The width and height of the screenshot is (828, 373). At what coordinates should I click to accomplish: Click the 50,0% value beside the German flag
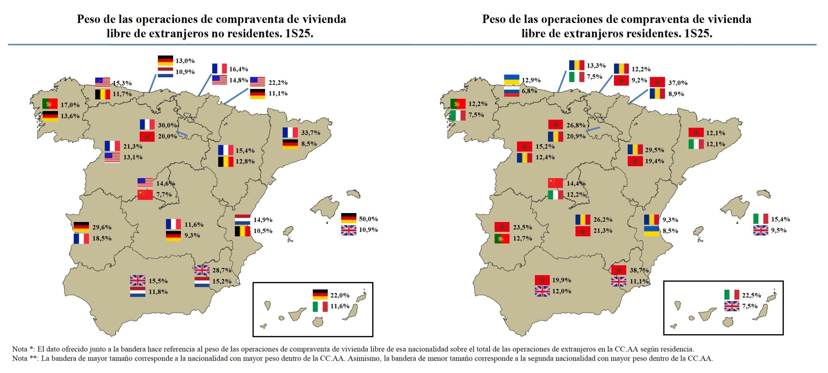368,219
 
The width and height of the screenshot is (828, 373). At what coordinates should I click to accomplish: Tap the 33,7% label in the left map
310,133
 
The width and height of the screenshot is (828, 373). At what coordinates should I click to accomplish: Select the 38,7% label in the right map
639,270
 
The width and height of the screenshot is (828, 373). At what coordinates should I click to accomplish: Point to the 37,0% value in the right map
678,83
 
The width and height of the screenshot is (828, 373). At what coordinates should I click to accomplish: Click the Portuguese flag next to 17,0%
50,104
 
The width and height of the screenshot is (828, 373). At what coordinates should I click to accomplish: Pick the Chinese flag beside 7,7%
145,195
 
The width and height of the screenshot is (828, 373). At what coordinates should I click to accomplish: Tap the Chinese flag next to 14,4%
555,183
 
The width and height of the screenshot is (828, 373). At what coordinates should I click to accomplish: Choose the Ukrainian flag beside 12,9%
511,80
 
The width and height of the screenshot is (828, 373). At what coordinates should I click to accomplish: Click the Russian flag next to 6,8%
511,91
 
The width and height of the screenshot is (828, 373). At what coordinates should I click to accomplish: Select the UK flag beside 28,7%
202,270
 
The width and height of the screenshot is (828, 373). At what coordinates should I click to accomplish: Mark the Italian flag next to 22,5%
731,295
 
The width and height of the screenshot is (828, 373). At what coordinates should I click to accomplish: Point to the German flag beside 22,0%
320,294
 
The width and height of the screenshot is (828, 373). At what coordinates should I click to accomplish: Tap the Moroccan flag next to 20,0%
147,136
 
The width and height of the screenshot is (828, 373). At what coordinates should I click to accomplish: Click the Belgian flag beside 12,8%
225,161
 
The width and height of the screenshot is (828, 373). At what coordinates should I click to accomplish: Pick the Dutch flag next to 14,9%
242,219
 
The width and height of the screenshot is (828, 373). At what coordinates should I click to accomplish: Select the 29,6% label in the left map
102,227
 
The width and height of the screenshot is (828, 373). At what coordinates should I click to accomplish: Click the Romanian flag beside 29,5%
635,149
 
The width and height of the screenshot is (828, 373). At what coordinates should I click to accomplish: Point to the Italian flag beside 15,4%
760,219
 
